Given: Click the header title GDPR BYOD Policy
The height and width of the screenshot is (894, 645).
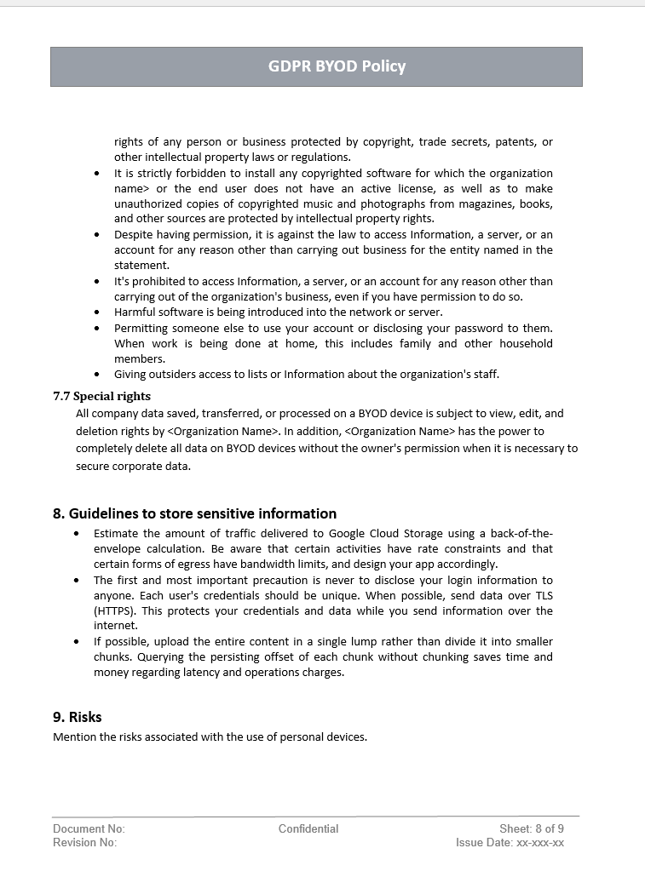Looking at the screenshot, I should point(337,66).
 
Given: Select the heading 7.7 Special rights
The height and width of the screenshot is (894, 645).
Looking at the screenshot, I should point(101,396).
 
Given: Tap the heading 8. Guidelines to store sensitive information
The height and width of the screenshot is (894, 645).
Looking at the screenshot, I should point(194,513).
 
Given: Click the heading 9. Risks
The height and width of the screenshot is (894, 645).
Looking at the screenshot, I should point(78,717).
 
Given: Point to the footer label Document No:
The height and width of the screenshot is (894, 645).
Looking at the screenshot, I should point(89,828).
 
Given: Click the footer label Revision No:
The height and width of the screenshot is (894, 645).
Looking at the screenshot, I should point(85,843).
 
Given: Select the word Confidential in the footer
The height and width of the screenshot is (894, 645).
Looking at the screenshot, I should point(308,828).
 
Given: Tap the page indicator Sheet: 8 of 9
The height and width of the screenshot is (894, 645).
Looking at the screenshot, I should point(532,828).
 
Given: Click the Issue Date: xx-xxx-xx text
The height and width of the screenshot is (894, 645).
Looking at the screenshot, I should point(510,843).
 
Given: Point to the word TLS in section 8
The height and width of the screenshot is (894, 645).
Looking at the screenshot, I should point(544,596).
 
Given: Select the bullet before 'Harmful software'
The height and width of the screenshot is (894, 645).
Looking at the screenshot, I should point(96,312).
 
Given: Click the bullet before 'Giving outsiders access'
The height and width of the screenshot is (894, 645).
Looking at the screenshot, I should point(96,375).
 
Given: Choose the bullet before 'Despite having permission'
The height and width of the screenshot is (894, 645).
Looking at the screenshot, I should point(96,235).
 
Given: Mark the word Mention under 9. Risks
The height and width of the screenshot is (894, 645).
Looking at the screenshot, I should point(74,736).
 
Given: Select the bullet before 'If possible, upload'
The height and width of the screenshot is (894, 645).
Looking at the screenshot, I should point(76,642).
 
